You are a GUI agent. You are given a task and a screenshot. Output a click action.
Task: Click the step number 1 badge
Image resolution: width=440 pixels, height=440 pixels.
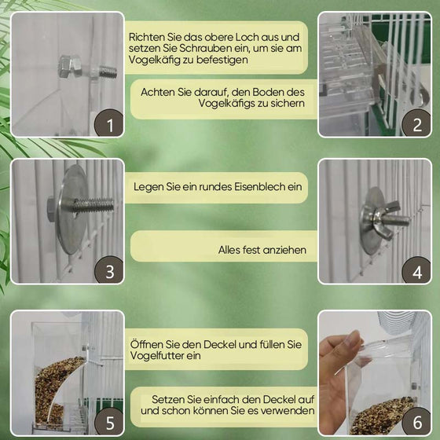[x=110, y=123]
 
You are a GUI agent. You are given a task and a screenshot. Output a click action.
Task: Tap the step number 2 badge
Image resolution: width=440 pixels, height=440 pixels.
[x=416, y=123]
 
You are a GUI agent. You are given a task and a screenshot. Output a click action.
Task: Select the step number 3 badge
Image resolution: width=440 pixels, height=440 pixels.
[x=110, y=271]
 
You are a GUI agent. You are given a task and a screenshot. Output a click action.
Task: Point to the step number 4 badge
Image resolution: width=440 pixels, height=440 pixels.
[x=416, y=271]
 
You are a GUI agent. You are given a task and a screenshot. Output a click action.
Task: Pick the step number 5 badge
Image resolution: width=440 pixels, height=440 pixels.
[x=110, y=420]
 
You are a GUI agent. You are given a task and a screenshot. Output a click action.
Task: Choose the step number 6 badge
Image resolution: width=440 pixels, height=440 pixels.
[x=416, y=420]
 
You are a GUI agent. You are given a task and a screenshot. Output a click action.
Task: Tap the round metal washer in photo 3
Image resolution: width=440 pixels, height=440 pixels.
[x=72, y=209]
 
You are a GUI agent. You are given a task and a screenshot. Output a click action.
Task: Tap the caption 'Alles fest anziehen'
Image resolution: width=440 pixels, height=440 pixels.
[x=262, y=251]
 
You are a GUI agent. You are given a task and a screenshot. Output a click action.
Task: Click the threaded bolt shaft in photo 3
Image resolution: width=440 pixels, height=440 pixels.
[x=94, y=207]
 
